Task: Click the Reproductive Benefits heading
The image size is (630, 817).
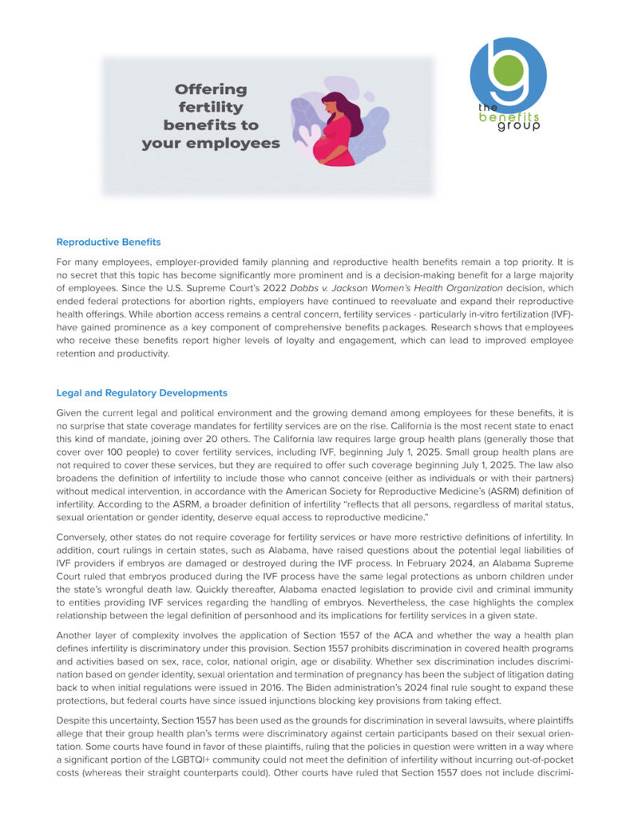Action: pos(109,242)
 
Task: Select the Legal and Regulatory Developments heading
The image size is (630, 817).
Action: pos(141,393)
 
